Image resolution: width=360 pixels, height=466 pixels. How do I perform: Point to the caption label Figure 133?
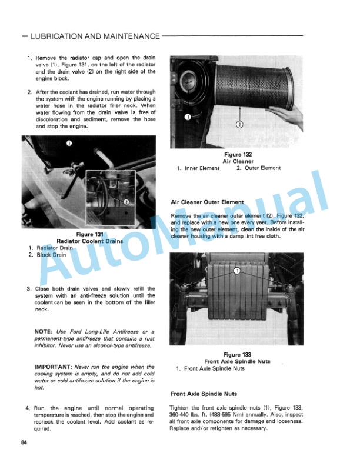point(237,354)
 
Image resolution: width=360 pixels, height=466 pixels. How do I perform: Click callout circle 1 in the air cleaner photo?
point(188,116)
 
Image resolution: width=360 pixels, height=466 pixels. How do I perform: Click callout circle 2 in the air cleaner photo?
point(239,124)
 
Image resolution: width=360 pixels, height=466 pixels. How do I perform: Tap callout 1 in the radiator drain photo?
point(69,143)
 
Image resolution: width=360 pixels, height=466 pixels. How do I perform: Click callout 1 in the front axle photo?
point(236,271)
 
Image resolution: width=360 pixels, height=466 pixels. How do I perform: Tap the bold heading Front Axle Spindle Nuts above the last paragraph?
point(204,394)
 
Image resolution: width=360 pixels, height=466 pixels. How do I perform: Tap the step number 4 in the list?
point(28,408)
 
